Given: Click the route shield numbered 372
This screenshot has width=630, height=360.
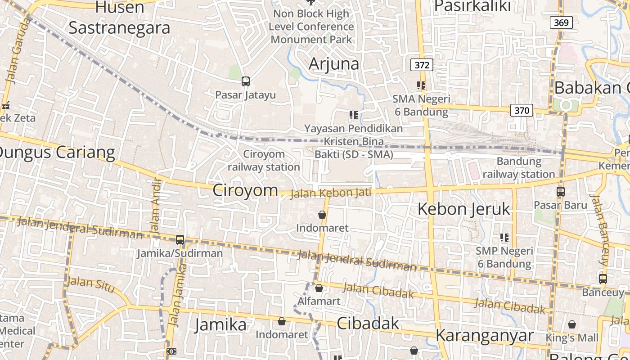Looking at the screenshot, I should point(422,65).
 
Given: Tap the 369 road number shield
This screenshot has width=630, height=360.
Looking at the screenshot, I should point(561,22).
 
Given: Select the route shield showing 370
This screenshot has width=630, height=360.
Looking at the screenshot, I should point(522,110).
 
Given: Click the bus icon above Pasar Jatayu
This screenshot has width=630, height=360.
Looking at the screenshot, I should point(245,81).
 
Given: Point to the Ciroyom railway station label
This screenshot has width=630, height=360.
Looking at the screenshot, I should point(264,161).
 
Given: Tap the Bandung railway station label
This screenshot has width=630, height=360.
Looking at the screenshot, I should point(519,168).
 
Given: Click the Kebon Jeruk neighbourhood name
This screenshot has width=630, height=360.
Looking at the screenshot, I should point(464,209).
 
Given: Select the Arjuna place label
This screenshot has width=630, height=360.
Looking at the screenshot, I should point(334,64).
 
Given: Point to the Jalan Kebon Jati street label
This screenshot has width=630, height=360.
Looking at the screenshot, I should point(331,193).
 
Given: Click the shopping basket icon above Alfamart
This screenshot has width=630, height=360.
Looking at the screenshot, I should point(319,288).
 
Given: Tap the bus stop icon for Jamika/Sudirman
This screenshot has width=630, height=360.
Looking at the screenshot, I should point(180,240).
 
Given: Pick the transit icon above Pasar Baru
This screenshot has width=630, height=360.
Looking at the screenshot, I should point(561,192).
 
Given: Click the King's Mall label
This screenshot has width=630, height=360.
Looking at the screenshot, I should point(572,337).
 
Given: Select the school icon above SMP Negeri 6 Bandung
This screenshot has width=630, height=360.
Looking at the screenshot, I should point(504,237).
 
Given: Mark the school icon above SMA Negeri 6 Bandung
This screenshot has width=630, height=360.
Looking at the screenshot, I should point(421,85).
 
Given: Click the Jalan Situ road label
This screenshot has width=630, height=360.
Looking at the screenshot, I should point(90,283).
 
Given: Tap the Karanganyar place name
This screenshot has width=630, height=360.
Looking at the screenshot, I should point(484,336).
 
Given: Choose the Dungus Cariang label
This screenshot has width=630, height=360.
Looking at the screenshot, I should point(57,153).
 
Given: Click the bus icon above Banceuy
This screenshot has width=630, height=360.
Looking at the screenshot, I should point(603,279).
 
